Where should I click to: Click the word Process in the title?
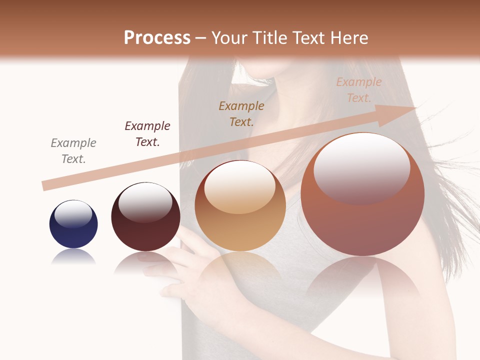point(157,38)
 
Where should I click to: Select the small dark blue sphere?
point(73,224)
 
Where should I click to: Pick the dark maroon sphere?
point(145,216)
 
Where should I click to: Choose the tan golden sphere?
point(240,205)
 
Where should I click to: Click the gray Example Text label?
point(73,150)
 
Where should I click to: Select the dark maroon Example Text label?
point(147,133)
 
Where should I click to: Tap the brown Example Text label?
point(241,113)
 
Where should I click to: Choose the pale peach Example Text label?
point(358,90)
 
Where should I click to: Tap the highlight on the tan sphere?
point(240,186)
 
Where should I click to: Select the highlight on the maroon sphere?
point(145,202)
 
